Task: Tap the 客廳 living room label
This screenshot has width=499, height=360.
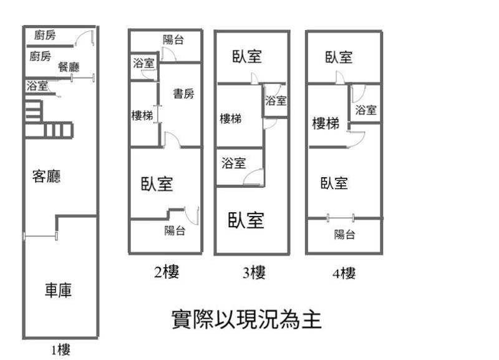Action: pos(46,177)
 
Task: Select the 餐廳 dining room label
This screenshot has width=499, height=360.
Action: pos(68,67)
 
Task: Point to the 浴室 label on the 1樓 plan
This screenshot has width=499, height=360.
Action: pos(37,86)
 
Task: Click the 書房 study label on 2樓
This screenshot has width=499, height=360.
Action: pos(183,94)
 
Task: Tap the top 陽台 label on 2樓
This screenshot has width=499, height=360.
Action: pos(173,40)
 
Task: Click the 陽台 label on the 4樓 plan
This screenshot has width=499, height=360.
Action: pos(344,235)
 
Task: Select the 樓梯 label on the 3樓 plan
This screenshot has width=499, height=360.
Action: pos(231,119)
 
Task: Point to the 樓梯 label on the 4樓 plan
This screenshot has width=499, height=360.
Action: pos(326,124)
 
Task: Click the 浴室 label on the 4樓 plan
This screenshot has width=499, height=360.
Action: pos(366,110)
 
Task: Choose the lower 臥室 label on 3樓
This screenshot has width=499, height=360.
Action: pos(246,220)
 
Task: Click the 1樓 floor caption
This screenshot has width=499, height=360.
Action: pos(61,350)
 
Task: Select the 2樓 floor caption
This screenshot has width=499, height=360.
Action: pos(167,272)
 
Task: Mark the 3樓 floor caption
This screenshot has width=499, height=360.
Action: pos(254,273)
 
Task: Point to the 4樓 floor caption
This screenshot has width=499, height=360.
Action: pos(344,273)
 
